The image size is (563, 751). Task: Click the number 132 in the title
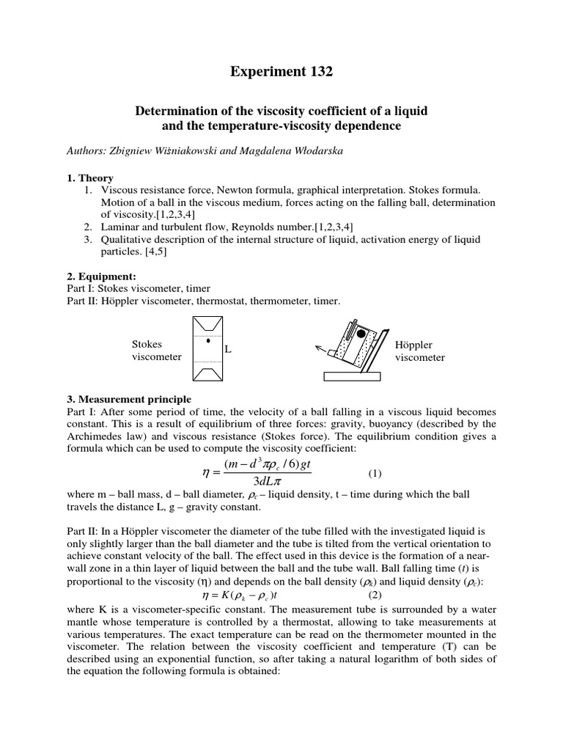[x=318, y=71]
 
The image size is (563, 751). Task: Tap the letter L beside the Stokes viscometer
[x=228, y=350]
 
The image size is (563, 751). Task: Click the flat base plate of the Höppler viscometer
[x=353, y=376]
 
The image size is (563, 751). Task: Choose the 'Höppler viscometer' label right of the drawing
[x=419, y=351]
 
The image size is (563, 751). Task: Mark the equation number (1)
[x=375, y=473]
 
